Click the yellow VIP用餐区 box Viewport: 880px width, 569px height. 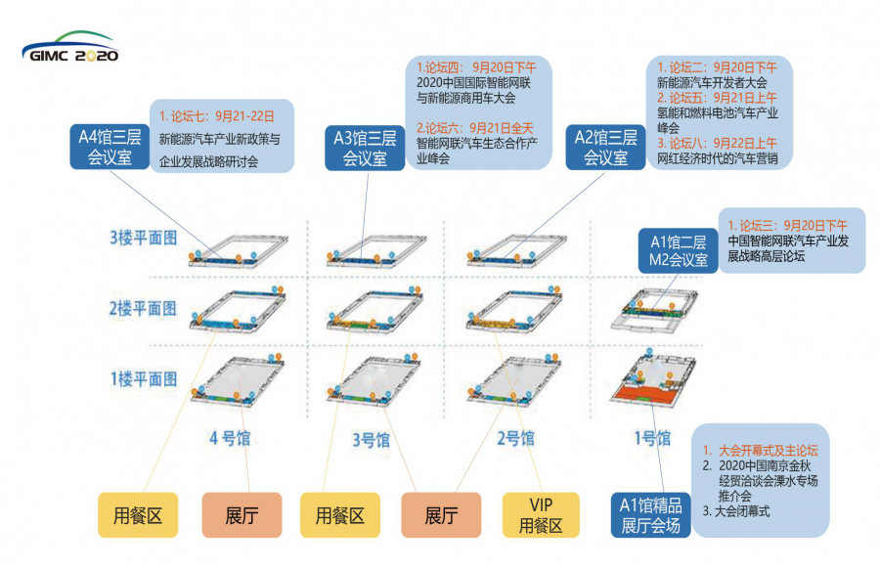click(x=541, y=515)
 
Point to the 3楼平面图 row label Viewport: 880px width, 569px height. click(x=143, y=238)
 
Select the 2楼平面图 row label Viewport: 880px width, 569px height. click(x=143, y=308)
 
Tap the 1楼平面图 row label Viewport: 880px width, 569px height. click(x=143, y=378)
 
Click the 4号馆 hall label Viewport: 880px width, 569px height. click(x=229, y=439)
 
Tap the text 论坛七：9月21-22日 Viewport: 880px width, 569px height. click(x=218, y=115)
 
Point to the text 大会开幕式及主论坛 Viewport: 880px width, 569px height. click(x=768, y=451)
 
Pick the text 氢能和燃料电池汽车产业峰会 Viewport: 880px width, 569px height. click(x=718, y=120)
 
